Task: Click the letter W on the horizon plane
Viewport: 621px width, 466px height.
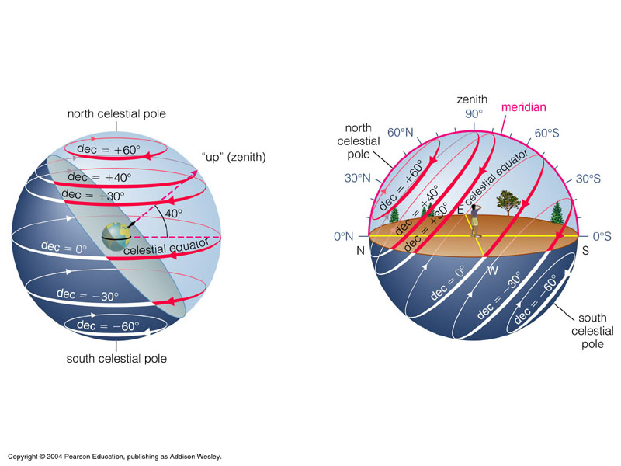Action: [x=491, y=270]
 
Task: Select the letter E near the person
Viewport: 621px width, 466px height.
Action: [x=460, y=209]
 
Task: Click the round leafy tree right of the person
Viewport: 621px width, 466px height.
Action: [x=507, y=203]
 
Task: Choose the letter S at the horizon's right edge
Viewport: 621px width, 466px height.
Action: [x=586, y=252]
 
